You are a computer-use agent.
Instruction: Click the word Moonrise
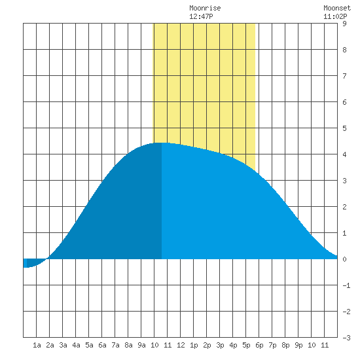tap(205, 8)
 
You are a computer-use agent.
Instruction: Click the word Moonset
tap(337, 8)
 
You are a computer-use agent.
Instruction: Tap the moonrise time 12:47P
tap(201, 16)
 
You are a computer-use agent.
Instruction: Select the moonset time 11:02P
tap(335, 16)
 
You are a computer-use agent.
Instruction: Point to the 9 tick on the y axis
tap(344, 24)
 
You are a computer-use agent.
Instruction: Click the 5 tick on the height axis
tap(344, 128)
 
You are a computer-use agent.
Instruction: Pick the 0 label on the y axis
tap(344, 259)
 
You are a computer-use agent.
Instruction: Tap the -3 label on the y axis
tap(346, 338)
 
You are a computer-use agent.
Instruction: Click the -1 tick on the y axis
tap(346, 285)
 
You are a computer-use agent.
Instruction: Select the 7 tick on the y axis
tap(344, 76)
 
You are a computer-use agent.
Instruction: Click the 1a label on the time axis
tap(37, 345)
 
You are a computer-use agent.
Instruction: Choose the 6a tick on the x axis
tap(102, 345)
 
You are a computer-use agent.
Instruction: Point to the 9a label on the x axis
tap(141, 345)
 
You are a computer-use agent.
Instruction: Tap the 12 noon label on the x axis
tap(181, 345)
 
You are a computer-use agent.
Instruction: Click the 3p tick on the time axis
tap(220, 345)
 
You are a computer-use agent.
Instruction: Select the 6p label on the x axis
tap(259, 345)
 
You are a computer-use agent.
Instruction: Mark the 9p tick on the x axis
tap(298, 345)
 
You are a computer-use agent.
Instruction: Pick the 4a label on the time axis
tap(76, 345)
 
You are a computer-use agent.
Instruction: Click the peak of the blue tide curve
tap(161, 143)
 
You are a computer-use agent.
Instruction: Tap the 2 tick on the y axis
tap(344, 207)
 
